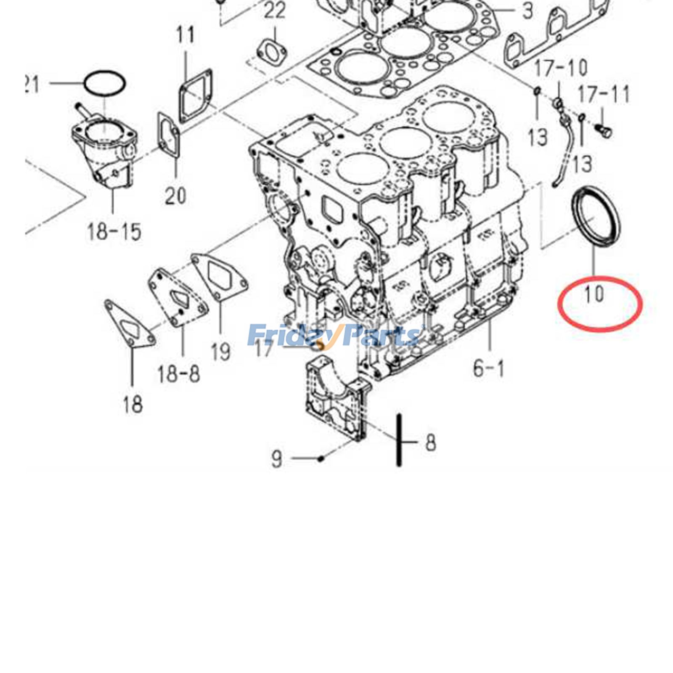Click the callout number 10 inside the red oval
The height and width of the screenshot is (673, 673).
click(594, 294)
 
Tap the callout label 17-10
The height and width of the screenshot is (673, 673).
click(561, 69)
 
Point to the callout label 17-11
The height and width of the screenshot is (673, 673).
click(604, 95)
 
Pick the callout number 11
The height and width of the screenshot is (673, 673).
click(185, 35)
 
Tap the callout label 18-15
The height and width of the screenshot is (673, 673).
click(114, 231)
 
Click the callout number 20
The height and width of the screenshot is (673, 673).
click(175, 196)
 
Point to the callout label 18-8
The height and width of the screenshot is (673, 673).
click(179, 374)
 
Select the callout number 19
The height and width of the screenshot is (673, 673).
click(221, 351)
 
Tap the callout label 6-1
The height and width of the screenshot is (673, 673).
click(488, 369)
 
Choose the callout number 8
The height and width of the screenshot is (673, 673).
click(430, 442)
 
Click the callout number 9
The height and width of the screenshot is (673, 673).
click(277, 459)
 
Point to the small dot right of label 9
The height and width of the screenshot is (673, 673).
click(321, 458)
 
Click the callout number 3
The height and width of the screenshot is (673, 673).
click(527, 11)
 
